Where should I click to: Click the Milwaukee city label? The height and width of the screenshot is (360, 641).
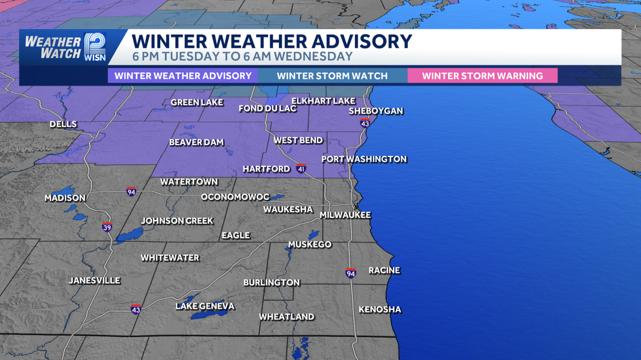[345, 215]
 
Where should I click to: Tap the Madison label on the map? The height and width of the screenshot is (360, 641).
[65, 198]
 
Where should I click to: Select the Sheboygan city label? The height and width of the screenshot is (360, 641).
[376, 111]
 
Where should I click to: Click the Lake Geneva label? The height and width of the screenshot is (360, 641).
[205, 306]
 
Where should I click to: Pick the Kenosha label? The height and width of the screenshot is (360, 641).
[380, 309]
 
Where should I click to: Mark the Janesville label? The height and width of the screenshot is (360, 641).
[95, 280]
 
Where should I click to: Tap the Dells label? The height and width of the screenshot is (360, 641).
[63, 124]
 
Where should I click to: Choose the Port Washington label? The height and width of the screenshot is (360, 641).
[364, 159]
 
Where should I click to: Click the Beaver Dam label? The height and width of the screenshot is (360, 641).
[196, 143]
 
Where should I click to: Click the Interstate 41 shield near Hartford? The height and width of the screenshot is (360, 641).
[302, 169]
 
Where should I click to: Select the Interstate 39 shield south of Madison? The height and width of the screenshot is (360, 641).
[107, 226]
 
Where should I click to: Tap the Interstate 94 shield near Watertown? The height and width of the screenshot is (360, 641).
[131, 191]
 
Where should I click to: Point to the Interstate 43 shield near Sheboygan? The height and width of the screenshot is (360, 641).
[365, 123]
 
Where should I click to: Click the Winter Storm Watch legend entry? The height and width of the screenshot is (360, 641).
[332, 76]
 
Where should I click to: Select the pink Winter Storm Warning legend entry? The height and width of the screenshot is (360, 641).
[482, 76]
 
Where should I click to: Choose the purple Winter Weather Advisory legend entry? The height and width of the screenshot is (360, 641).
[183, 76]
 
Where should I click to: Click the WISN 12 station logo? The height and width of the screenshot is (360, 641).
[94, 46]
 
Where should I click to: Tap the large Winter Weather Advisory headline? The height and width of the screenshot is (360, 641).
[272, 42]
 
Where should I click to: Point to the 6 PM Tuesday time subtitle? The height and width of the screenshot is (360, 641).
[242, 57]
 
